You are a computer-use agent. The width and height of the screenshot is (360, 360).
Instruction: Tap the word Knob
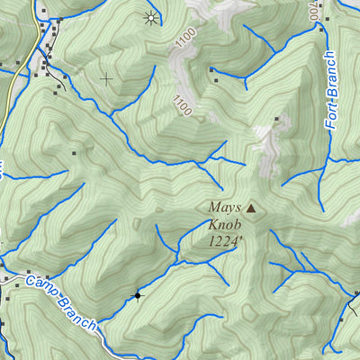pos(222,224)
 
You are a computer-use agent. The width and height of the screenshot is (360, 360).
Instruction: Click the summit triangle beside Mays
pos(251,208)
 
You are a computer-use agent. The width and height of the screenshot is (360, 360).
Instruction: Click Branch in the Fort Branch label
pos(330,75)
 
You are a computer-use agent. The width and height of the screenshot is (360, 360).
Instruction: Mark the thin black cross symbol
pos(106,79)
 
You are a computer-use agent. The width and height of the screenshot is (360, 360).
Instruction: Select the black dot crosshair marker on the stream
pos(138,294)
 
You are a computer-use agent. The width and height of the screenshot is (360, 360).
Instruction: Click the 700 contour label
pos(312,11)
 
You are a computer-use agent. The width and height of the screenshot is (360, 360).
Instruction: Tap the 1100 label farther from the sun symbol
pos(183,105)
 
